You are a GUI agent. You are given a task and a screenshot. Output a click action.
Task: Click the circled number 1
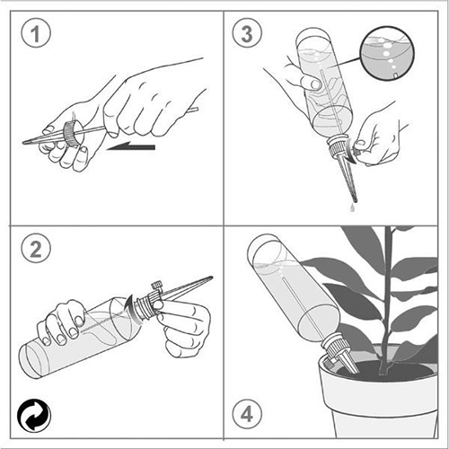click(x=36, y=32)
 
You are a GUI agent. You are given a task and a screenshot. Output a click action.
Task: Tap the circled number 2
click(x=36, y=248)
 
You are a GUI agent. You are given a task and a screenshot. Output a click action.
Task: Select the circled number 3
click(x=247, y=32)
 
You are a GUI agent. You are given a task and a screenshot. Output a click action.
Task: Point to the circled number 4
click(x=247, y=415)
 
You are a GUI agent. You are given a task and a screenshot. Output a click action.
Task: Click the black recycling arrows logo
click(x=34, y=416)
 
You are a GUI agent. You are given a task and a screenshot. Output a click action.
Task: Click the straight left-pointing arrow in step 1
click(x=131, y=146)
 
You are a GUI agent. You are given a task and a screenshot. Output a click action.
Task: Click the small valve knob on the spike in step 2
click(x=157, y=285)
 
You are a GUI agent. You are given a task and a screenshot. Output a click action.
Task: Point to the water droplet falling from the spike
click(x=353, y=207)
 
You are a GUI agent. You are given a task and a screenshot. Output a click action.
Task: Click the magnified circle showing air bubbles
click(x=387, y=53)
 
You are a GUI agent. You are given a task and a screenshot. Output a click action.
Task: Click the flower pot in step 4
click(x=378, y=395)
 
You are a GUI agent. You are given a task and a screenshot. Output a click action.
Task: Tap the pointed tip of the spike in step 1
click(x=24, y=142)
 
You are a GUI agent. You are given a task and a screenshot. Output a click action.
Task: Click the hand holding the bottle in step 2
click(x=61, y=321)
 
